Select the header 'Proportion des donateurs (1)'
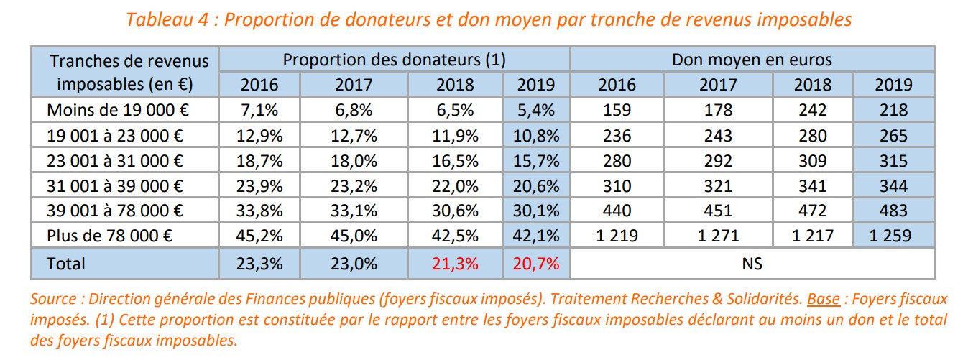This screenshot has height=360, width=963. coord(394,60)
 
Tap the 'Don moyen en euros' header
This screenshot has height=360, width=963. coord(752,60)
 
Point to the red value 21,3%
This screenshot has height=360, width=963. coord(455,264)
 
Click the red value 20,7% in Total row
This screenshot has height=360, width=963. coord(536,264)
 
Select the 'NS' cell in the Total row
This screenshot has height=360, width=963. coord(752,264)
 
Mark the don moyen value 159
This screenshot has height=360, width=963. coord(617,111)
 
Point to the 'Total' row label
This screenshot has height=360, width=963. coord(65,264)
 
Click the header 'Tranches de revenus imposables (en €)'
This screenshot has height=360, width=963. coord(124,72)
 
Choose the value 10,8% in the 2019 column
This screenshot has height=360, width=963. coord(536,136)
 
